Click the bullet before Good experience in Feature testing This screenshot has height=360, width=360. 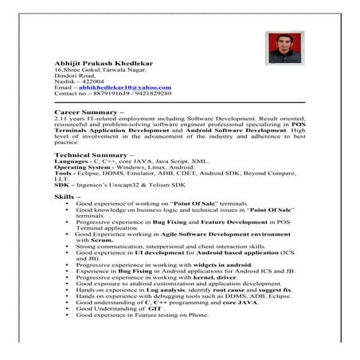68,315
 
